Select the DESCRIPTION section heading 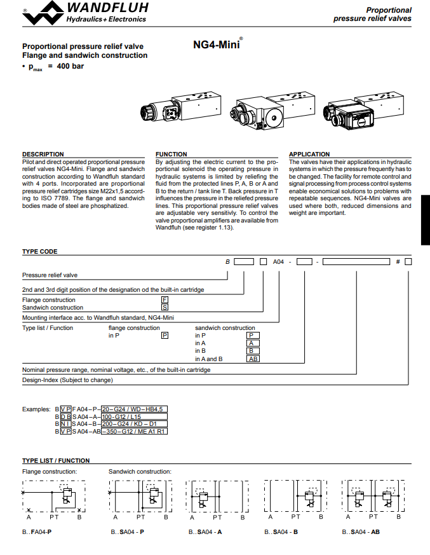coord(43,154)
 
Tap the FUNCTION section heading coord(171,154)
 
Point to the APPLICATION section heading coord(309,154)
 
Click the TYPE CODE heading coord(40,251)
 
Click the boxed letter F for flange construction coord(165,299)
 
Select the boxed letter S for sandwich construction coord(165,307)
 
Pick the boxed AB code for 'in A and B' coord(253,359)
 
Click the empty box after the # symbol coord(408,262)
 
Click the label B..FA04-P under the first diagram coord(37,531)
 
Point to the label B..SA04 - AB coord(361,531)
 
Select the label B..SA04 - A coord(205,531)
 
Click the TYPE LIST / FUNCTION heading coord(56,460)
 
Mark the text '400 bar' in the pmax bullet coord(70,65)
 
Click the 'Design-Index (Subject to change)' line coord(67,380)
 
